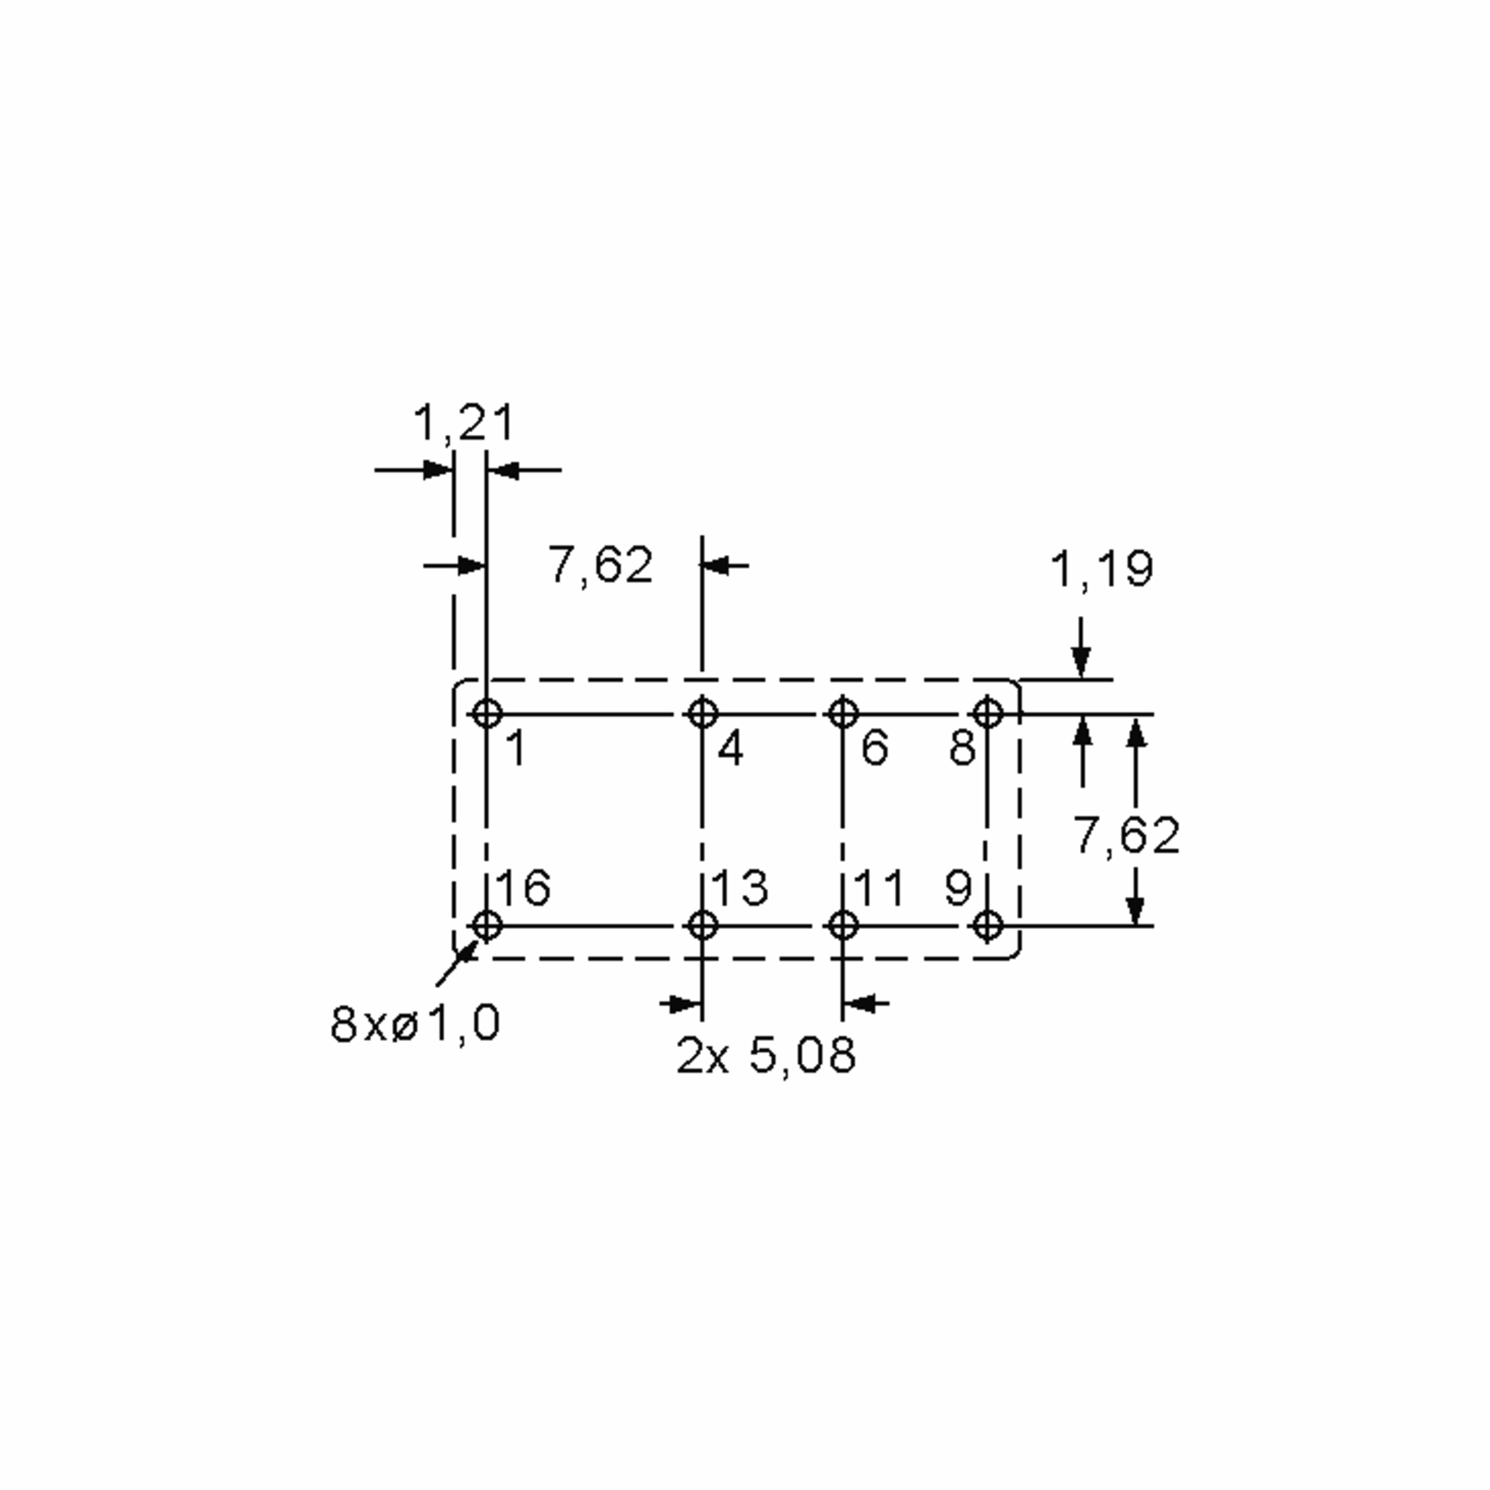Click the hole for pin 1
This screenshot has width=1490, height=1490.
click(x=487, y=713)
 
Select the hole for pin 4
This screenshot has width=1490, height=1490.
click(x=702, y=713)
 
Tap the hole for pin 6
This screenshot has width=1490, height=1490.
click(x=842, y=713)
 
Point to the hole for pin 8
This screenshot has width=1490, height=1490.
click(x=988, y=713)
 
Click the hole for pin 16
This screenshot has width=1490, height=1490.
click(x=487, y=924)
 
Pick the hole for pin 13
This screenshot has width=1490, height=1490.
click(x=702, y=924)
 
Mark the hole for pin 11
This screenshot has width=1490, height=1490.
click(x=842, y=924)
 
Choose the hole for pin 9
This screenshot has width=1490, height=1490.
click(x=988, y=924)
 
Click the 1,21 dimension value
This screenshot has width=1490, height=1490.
click(x=464, y=424)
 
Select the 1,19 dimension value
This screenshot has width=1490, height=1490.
click(x=1102, y=569)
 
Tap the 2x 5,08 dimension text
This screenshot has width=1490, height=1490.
click(x=766, y=1056)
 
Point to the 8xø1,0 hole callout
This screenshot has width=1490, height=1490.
click(x=415, y=1023)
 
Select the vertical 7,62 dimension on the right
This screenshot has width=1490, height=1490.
click(x=1127, y=834)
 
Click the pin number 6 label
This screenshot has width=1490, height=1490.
click(x=875, y=747)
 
